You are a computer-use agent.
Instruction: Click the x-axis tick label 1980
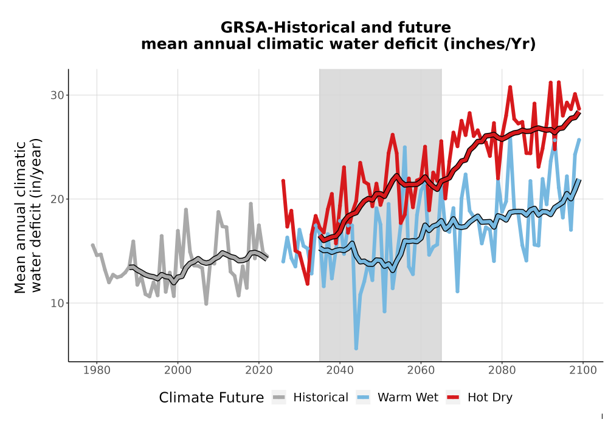coord(97,370)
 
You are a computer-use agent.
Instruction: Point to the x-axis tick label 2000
coord(178,370)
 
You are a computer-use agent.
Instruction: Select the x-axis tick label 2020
coord(258,370)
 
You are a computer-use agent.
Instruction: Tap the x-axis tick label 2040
coord(340,370)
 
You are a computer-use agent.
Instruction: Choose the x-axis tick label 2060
coord(421,370)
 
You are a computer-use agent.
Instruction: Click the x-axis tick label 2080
coord(502,370)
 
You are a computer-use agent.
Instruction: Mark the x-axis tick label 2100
coord(583,370)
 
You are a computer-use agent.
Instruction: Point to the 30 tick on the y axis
coord(57,95)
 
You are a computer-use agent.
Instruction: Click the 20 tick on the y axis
coord(57,199)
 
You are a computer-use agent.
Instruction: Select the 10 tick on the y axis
coord(57,303)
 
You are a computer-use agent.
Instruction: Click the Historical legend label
coord(320,398)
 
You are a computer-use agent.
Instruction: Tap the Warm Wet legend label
coord(408,398)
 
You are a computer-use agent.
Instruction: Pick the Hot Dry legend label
coord(490,398)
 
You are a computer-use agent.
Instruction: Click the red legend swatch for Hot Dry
coord(453,398)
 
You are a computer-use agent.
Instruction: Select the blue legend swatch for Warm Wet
coord(363,398)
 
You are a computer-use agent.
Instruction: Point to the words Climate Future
coord(212,398)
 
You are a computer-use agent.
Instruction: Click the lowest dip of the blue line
coord(356,348)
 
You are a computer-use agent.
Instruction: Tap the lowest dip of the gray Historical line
coord(206,304)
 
